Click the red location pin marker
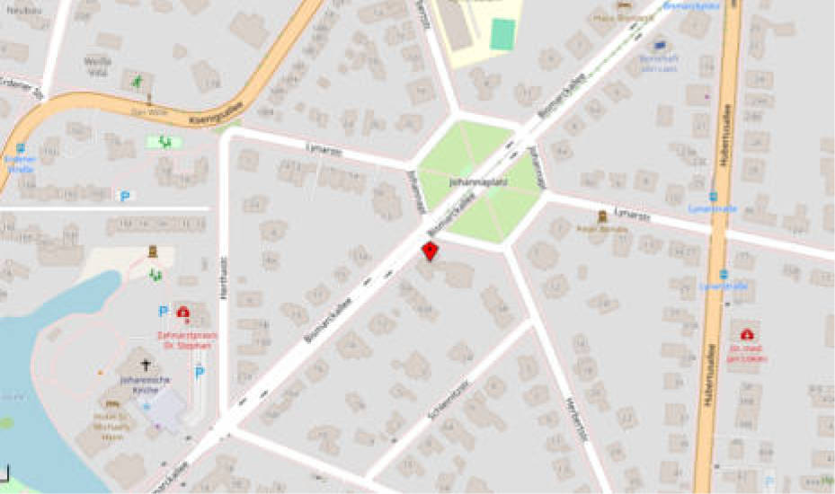coord(431,250)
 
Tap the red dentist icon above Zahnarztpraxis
coord(184,313)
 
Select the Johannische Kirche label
coord(146,384)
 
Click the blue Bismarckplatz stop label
coord(679,4)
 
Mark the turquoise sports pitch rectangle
coord(502,34)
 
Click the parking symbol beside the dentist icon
coord(163,312)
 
